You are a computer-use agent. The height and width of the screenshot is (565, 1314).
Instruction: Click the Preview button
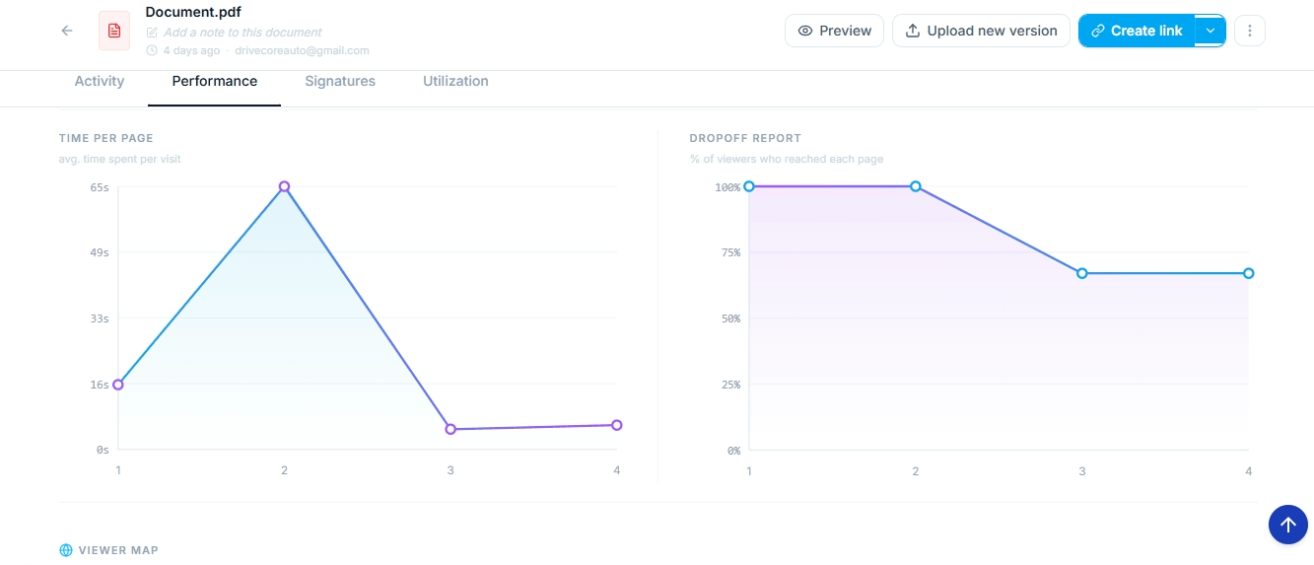[x=834, y=31]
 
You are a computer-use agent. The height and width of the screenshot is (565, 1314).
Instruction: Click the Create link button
[x=1137, y=31]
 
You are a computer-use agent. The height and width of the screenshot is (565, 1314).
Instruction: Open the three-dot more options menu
[x=1249, y=31]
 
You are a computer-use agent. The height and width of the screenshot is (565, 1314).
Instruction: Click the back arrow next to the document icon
[x=67, y=31]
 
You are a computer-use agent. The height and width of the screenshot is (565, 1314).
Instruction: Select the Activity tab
[x=100, y=81]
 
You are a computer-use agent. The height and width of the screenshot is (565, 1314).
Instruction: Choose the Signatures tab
[x=340, y=81]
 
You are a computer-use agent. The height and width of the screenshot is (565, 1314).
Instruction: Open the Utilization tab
[x=455, y=81]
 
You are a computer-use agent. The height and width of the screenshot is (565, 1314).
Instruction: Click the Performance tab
[x=215, y=81]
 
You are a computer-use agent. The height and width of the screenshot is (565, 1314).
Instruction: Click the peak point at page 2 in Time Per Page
[x=284, y=186]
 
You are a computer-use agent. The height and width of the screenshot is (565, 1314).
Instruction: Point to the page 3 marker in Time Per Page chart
[x=450, y=429]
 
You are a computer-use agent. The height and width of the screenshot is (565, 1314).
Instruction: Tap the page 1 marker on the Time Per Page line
[x=118, y=385]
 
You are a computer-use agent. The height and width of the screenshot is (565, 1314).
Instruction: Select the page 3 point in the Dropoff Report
[x=1081, y=273]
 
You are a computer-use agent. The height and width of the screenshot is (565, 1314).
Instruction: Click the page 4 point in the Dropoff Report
[x=1248, y=273]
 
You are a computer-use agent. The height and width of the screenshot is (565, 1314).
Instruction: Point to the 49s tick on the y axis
[x=99, y=252]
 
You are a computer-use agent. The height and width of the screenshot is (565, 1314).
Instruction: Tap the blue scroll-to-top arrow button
[x=1287, y=525]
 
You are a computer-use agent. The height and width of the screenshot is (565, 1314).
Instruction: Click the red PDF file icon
[x=114, y=31]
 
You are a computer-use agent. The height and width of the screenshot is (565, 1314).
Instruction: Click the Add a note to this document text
[x=242, y=33]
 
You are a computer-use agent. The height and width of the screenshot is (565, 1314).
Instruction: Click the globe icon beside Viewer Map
[x=66, y=550]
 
